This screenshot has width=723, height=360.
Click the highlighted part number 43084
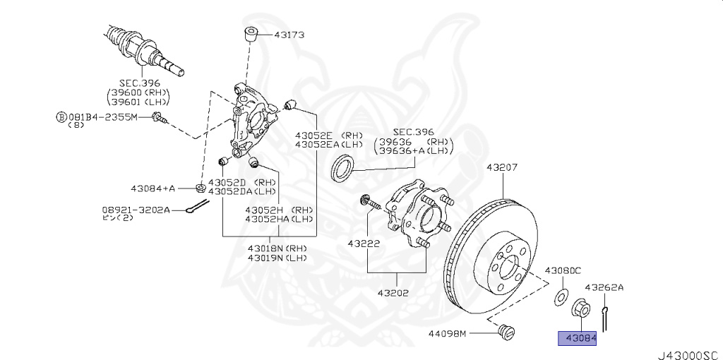[578, 340]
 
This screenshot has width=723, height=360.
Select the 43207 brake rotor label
[502, 168]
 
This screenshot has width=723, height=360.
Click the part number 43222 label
[364, 244]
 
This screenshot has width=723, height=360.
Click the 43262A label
[604, 287]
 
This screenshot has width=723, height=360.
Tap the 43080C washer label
[562, 270]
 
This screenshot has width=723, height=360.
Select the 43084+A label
[153, 188]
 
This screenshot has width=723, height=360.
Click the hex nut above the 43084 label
[579, 308]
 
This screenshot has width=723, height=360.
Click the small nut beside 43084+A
[200, 188]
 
